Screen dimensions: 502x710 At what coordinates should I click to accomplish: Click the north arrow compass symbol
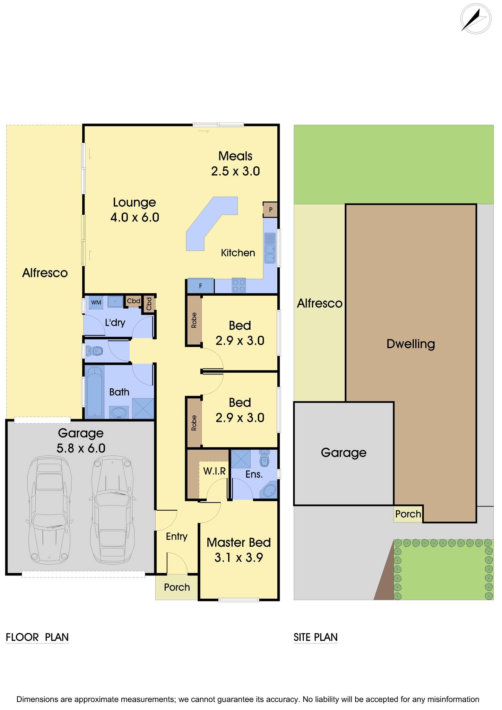pyautogui.click(x=476, y=19)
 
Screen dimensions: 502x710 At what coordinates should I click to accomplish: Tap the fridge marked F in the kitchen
pyautogui.click(x=200, y=286)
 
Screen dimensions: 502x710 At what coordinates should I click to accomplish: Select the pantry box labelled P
pyautogui.click(x=270, y=209)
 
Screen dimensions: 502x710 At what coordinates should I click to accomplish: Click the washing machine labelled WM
pyautogui.click(x=96, y=302)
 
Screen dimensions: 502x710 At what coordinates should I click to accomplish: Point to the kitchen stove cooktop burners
pyautogui.click(x=239, y=285)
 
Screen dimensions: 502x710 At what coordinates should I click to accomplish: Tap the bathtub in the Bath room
pyautogui.click(x=94, y=392)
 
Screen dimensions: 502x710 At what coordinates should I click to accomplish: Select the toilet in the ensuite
pyautogui.click(x=264, y=459)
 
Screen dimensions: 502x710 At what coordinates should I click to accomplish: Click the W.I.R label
pyautogui.click(x=215, y=471)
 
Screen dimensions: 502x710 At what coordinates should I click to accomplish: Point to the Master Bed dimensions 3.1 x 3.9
pyautogui.click(x=239, y=558)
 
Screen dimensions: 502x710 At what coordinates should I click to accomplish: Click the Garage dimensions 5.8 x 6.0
pyautogui.click(x=81, y=448)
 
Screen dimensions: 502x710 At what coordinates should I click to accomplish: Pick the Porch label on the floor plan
pyautogui.click(x=177, y=587)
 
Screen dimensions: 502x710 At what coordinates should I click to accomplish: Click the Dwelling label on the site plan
pyautogui.click(x=411, y=344)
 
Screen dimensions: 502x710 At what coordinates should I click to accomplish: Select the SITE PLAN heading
pyautogui.click(x=315, y=637)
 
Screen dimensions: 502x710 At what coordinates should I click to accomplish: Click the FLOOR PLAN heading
pyautogui.click(x=37, y=637)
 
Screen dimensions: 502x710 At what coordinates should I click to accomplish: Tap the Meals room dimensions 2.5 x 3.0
pyautogui.click(x=236, y=171)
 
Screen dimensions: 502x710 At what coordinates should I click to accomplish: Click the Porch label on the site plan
pyautogui.click(x=408, y=514)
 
